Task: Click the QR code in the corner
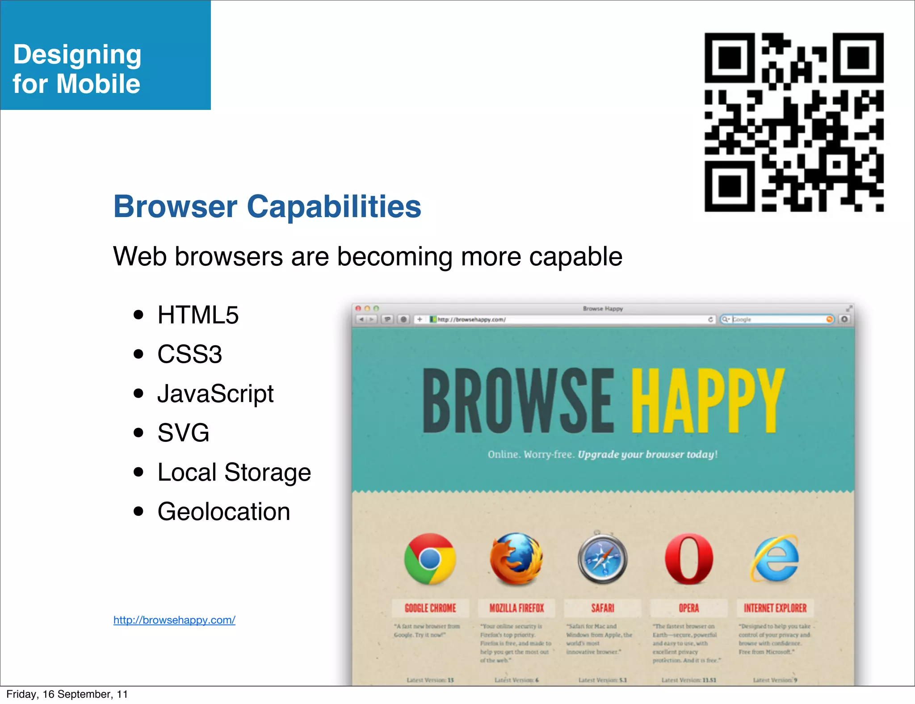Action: pyautogui.click(x=794, y=122)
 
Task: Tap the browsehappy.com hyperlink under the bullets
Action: pyautogui.click(x=174, y=620)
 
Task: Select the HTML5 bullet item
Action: pyautogui.click(x=198, y=315)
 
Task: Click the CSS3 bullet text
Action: pyautogui.click(x=189, y=354)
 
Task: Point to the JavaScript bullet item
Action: pyautogui.click(x=215, y=394)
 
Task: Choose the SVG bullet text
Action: pyautogui.click(x=183, y=433)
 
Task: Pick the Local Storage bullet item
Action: pyautogui.click(x=234, y=472)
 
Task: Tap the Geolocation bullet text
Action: pyautogui.click(x=224, y=511)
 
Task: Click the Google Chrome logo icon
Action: pyautogui.click(x=430, y=559)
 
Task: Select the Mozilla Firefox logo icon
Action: pyautogui.click(x=516, y=559)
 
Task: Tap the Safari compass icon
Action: pyautogui.click(x=602, y=559)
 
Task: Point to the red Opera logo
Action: pyautogui.click(x=689, y=559)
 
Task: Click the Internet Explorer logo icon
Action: pyautogui.click(x=775, y=559)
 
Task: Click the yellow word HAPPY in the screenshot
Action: pyautogui.click(x=708, y=401)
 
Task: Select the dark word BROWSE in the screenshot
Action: pyautogui.click(x=518, y=401)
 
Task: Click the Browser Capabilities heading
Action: pyautogui.click(x=267, y=207)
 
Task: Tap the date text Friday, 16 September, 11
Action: pyautogui.click(x=67, y=694)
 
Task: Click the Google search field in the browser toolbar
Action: pyautogui.click(x=777, y=319)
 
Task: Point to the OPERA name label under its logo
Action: pyautogui.click(x=689, y=608)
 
